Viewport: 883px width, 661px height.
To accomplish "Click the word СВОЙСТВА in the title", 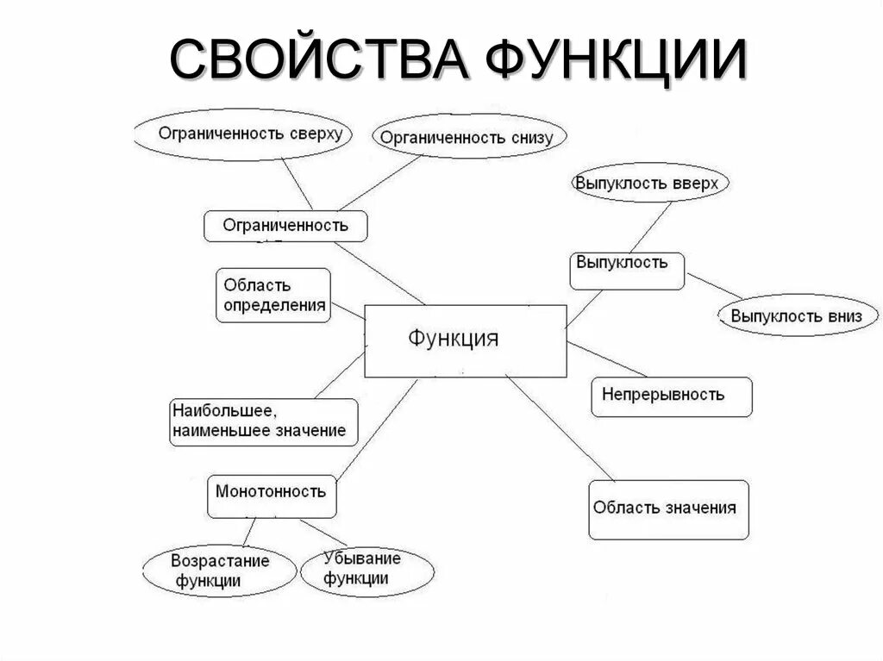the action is coord(319,61).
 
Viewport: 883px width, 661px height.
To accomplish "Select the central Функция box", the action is coord(466,340).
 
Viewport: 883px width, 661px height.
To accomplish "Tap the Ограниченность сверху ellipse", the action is coord(250,134).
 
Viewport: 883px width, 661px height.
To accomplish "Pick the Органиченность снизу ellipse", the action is coord(469,137).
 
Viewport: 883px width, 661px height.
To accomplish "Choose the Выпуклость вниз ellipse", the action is coord(796,316).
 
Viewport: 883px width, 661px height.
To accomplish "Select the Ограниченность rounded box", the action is coord(285,226).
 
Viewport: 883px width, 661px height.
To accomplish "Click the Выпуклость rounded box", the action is coord(627,270).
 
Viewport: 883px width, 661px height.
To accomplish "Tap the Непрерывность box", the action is coord(671,396).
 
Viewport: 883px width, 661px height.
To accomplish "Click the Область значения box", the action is coord(668,509).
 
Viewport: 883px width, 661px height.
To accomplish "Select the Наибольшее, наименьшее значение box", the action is coord(263,421).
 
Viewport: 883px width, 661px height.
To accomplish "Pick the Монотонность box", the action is coord(272,494).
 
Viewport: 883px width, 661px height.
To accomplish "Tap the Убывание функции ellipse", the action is coord(362,569).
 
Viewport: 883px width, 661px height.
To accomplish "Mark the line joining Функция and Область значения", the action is coord(560,428).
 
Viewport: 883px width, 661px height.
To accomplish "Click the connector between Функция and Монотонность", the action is coord(376,428).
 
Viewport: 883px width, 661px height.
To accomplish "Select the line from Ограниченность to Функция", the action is coord(379,273).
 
